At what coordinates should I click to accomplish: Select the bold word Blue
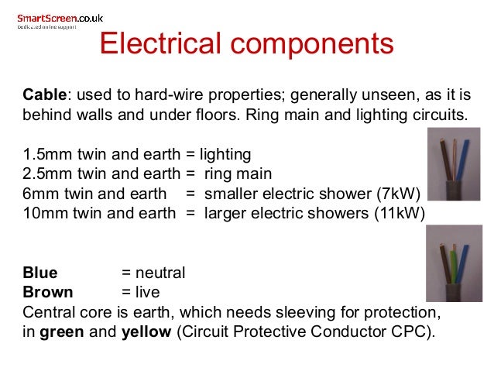click(39, 273)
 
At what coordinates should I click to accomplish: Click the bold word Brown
click(48, 292)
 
